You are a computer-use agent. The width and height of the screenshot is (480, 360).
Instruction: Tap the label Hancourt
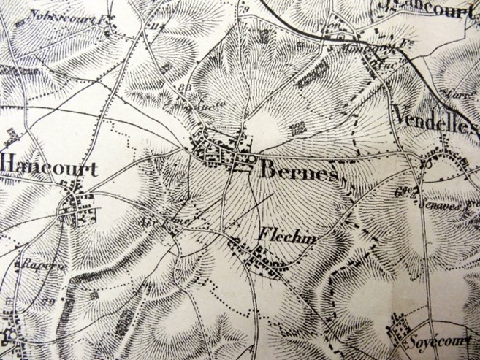[x=49, y=167]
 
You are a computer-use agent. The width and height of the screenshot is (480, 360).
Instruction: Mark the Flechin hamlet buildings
[x=259, y=258]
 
